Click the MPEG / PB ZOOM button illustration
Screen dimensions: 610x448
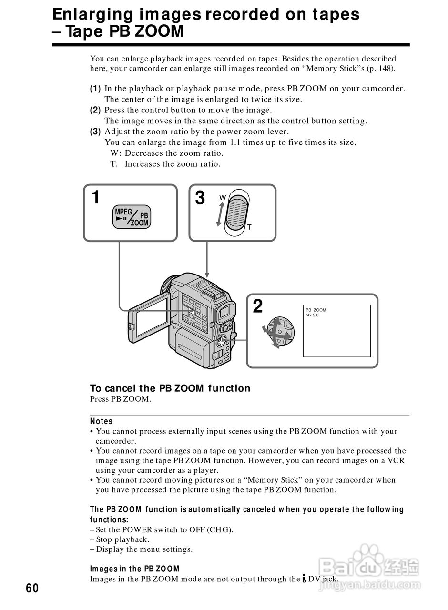pyautogui.click(x=132, y=217)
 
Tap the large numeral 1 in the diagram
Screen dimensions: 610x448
pyautogui.click(x=96, y=197)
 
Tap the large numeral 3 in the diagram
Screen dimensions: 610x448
pyautogui.click(x=200, y=198)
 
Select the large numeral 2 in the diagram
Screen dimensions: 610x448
pyautogui.click(x=257, y=306)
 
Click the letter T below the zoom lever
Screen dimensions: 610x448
pyautogui.click(x=249, y=227)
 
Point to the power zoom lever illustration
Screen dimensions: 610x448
pyautogui.click(x=236, y=213)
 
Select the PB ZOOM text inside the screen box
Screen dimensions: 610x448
pyautogui.click(x=316, y=310)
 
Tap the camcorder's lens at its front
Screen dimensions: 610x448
pyautogui.click(x=167, y=286)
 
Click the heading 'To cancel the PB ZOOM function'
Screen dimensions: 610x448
pyautogui.click(x=170, y=388)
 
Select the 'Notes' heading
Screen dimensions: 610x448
pyautogui.click(x=102, y=421)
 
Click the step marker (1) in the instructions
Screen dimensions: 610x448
pyautogui.click(x=95, y=89)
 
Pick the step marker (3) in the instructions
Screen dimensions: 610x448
pyautogui.click(x=95, y=132)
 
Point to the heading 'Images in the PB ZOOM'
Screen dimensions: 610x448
pyautogui.click(x=135, y=569)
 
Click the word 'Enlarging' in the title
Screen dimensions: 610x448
pyautogui.click(x=92, y=14)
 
